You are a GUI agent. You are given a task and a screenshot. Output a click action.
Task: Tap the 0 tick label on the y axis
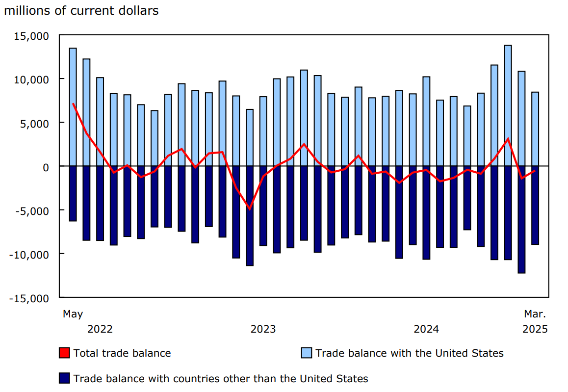click(x=45, y=167)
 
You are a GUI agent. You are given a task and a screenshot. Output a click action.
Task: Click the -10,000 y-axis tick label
click(x=30, y=254)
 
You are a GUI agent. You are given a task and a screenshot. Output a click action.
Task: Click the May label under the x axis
click(x=73, y=314)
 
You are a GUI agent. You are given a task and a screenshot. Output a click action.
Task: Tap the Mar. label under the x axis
click(x=535, y=314)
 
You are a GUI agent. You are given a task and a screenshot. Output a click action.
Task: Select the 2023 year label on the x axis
click(x=263, y=329)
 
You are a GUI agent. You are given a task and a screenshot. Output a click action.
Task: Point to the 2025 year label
click(x=535, y=329)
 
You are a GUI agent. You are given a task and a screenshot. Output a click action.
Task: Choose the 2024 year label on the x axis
click(x=426, y=329)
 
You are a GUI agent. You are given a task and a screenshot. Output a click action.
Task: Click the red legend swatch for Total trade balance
click(x=64, y=353)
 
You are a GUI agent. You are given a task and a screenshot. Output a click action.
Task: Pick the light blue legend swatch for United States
click(x=306, y=353)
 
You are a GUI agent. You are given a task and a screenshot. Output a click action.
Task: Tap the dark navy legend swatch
click(x=64, y=378)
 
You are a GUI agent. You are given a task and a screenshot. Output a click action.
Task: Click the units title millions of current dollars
click(x=81, y=11)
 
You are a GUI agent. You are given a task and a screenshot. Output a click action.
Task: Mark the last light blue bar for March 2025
click(x=535, y=129)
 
